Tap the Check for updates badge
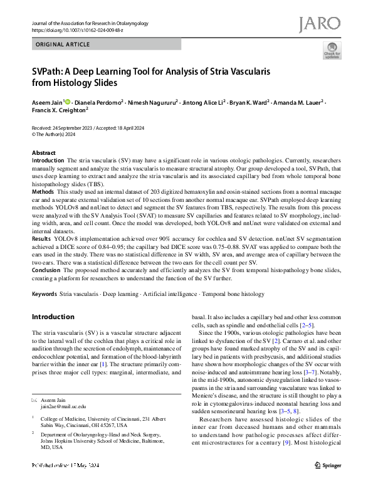(332, 51)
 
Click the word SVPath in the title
(51, 71)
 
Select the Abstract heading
(43, 153)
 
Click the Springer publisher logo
(326, 482)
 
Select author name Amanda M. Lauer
(300, 101)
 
